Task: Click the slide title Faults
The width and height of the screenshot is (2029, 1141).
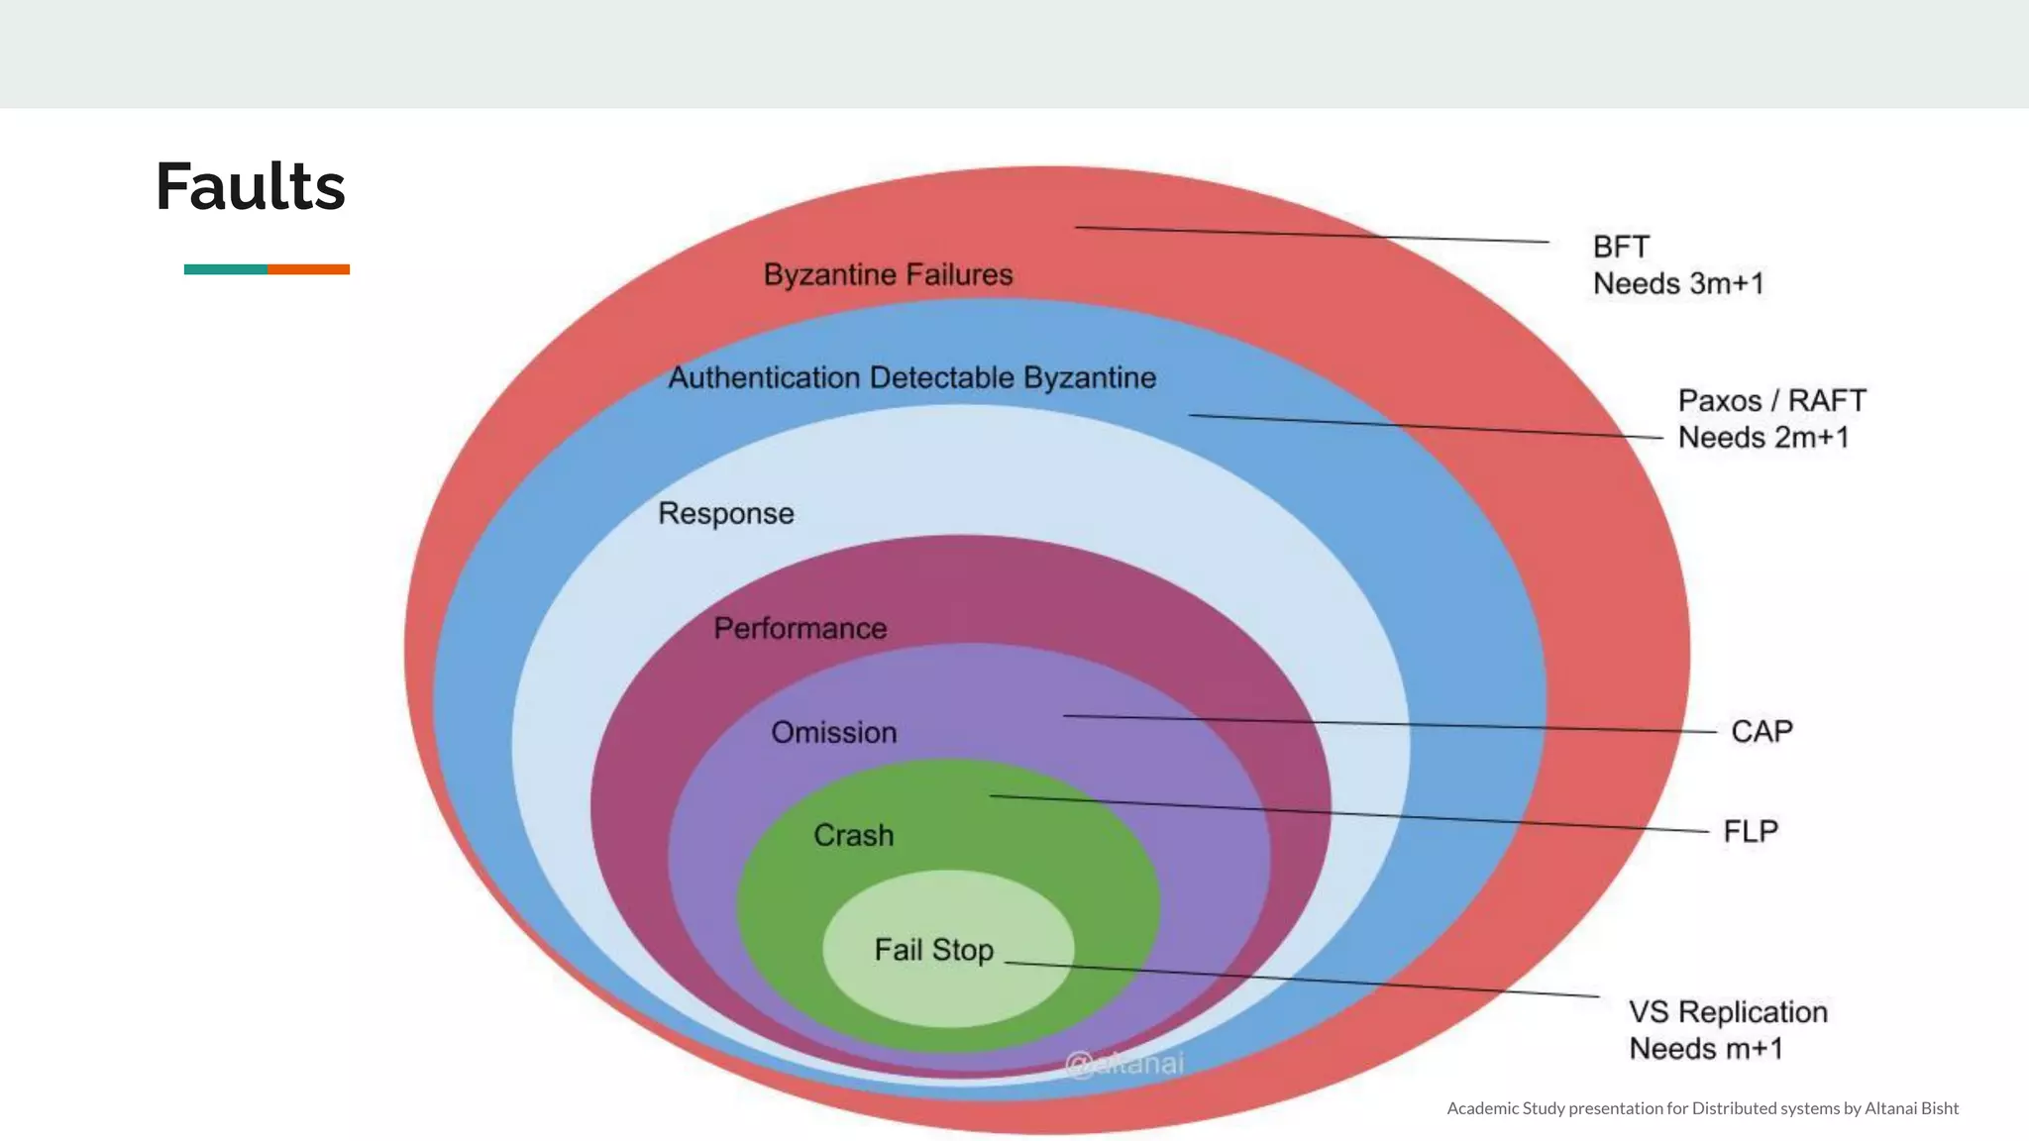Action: coord(251,186)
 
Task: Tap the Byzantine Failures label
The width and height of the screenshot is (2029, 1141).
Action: coord(888,274)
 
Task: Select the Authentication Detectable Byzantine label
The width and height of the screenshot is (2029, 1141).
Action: coord(911,377)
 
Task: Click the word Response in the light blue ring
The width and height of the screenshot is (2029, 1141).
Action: coord(726,513)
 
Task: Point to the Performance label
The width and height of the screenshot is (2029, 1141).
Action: coord(801,628)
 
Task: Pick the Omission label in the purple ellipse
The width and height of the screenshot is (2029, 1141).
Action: coord(834,732)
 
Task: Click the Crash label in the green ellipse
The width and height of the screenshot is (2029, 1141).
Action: coord(854,835)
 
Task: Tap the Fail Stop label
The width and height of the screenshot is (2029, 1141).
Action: coord(933,950)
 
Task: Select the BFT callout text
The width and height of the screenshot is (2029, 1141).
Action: coord(1621,247)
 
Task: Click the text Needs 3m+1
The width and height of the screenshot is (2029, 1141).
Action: coord(1678,283)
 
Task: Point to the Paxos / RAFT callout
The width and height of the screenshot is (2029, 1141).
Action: coord(1771,400)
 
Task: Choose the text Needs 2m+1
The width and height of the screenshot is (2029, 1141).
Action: coord(1763,437)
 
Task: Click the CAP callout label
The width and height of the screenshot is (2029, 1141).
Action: coord(1762,731)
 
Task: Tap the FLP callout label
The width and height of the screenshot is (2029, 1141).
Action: coord(1751,831)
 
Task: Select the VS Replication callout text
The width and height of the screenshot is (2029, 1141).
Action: coord(1728,1011)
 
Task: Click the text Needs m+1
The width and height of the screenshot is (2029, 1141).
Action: coord(1706,1048)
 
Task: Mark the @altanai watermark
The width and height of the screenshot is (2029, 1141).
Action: coord(1123,1064)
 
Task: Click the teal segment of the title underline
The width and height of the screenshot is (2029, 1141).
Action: coord(225,269)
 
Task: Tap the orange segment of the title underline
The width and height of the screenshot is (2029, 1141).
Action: coord(308,269)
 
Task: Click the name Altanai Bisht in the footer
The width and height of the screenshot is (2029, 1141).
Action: coord(1911,1108)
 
